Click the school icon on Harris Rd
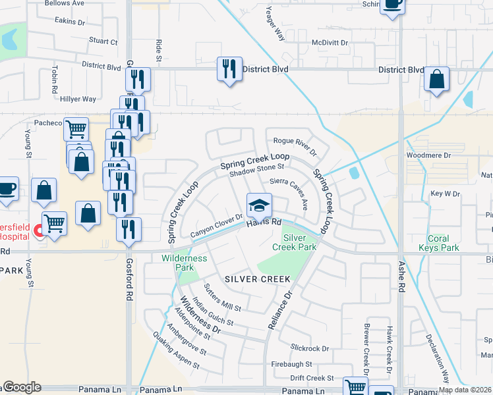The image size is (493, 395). click(259, 206)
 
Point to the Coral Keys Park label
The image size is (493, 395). click(439, 243)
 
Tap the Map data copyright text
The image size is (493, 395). click(465, 390)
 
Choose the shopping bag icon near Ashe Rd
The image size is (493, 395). click(436, 80)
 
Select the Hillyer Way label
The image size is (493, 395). click(78, 99)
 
